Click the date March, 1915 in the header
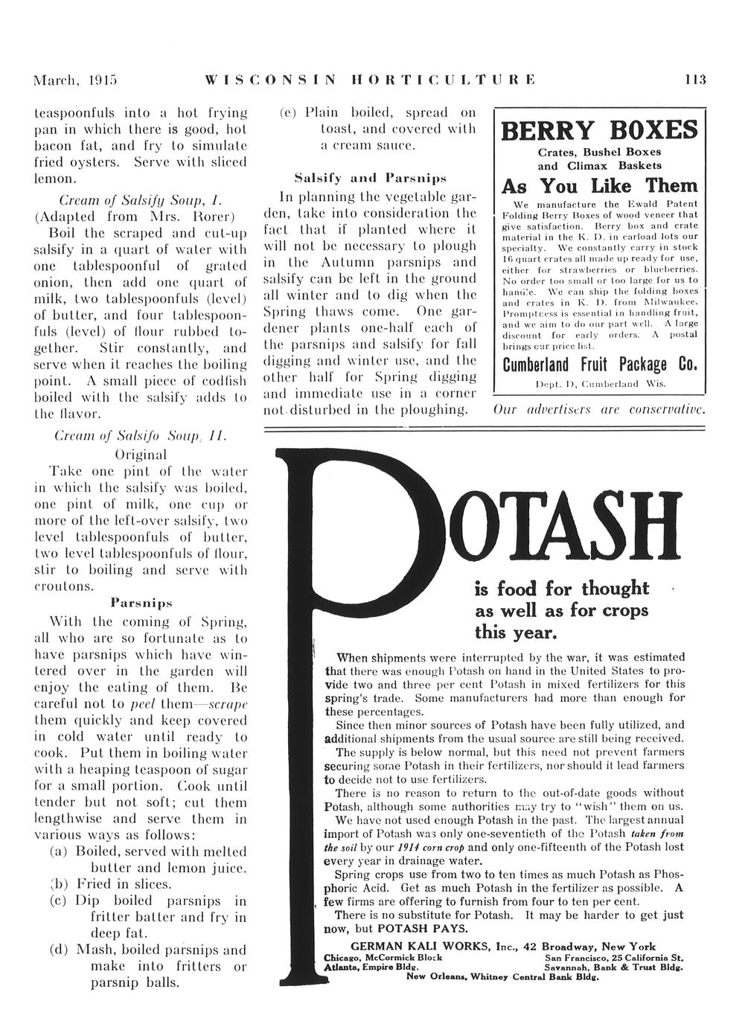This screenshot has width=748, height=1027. (77, 80)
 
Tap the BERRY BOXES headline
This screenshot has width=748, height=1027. (599, 131)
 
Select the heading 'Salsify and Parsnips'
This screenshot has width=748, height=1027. (370, 179)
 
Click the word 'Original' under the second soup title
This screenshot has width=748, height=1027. (141, 454)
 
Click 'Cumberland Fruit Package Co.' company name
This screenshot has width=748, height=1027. (599, 365)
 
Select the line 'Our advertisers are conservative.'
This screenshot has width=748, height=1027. (599, 409)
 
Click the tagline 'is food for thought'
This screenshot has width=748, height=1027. (562, 589)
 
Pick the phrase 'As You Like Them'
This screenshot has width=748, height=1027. (599, 185)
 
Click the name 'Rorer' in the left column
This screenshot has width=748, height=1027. (214, 217)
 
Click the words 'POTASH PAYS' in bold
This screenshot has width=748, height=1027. (423, 929)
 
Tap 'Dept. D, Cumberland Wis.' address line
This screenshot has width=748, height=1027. (600, 383)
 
